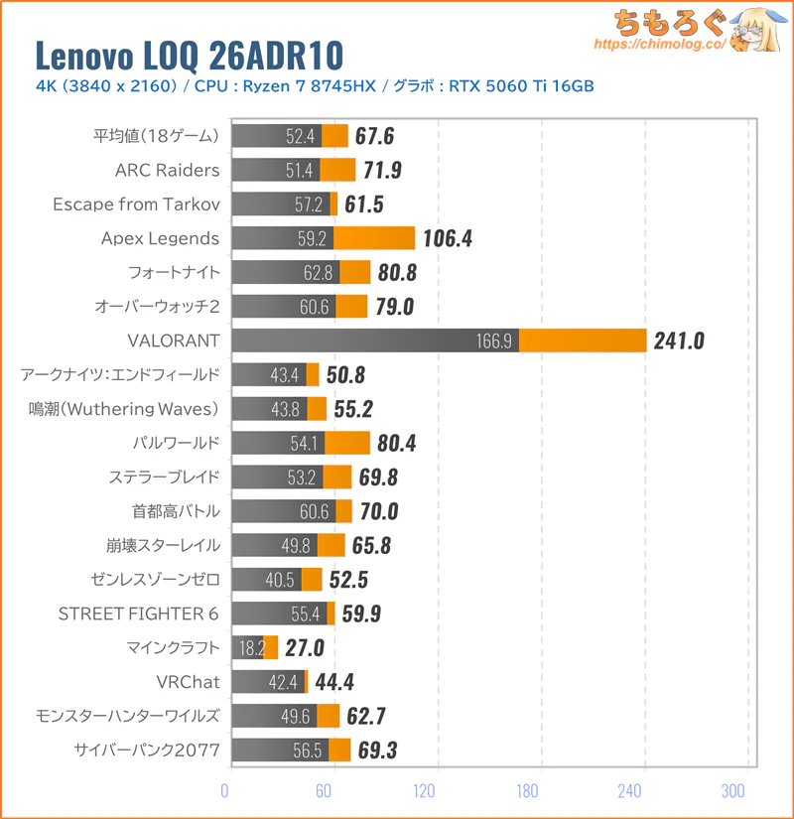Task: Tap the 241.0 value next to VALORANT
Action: click(679, 341)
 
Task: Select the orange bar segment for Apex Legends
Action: click(374, 238)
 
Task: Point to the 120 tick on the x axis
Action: click(425, 791)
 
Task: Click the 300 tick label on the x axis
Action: click(733, 791)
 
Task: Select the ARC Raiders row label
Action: click(167, 170)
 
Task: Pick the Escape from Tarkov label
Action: click(135, 204)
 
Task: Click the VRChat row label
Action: click(188, 682)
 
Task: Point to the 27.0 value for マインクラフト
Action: click(304, 648)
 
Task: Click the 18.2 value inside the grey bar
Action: click(248, 648)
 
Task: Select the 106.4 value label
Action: click(454, 238)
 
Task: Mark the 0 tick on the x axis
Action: click(225, 791)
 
